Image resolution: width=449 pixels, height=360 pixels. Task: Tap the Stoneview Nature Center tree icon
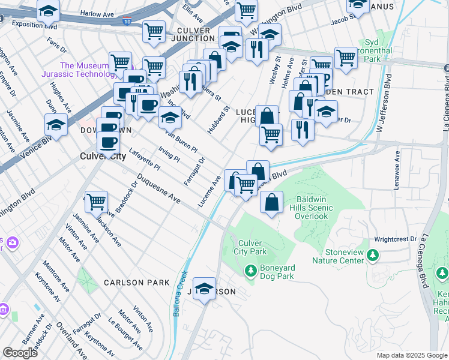373,256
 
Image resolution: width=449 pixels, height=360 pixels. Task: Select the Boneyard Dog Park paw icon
251,272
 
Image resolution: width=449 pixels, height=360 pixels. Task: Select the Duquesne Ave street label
158,188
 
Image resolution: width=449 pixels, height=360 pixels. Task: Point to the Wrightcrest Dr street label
395,239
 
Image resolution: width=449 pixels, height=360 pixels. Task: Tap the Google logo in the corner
20,353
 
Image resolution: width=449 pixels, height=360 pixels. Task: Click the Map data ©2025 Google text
411,355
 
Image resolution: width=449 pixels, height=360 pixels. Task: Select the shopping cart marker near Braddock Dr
96,202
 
